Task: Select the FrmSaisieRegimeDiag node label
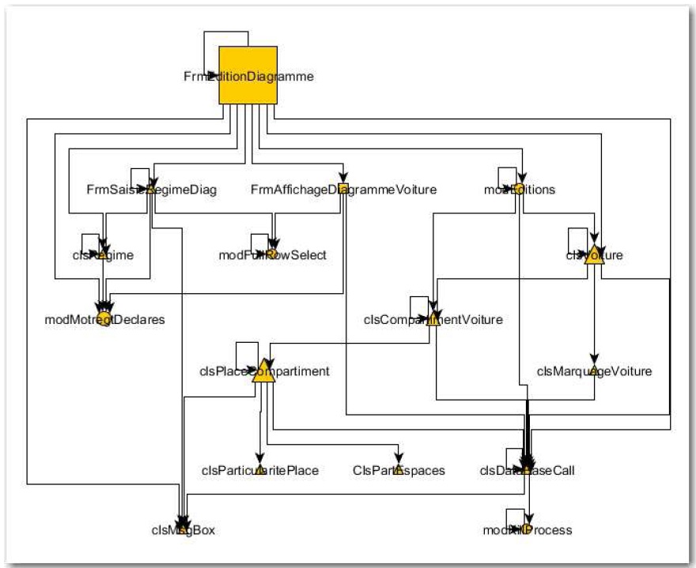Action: click(x=151, y=190)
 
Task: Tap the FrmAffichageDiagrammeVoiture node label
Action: click(x=343, y=190)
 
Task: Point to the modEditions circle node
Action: click(x=519, y=190)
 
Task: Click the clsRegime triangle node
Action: click(x=102, y=254)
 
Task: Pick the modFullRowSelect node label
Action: click(x=272, y=254)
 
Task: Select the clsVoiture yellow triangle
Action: click(x=594, y=254)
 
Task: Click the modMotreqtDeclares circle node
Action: click(x=104, y=319)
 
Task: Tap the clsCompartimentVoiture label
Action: click(x=433, y=319)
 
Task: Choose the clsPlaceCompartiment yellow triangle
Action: click(x=263, y=371)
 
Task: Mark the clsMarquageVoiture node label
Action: click(x=594, y=371)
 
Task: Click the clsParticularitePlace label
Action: click(x=259, y=471)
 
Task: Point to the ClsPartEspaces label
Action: click(x=399, y=471)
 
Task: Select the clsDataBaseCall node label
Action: click(x=527, y=471)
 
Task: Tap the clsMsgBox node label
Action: click(x=183, y=530)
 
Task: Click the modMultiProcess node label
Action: click(x=527, y=530)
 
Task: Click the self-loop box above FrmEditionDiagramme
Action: click(x=226, y=39)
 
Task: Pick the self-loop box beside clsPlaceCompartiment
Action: click(x=247, y=352)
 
